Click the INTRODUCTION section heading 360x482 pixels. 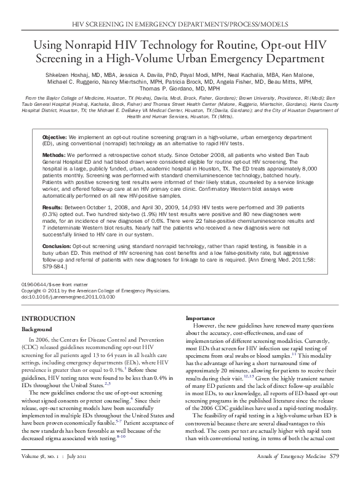pos(48,318)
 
